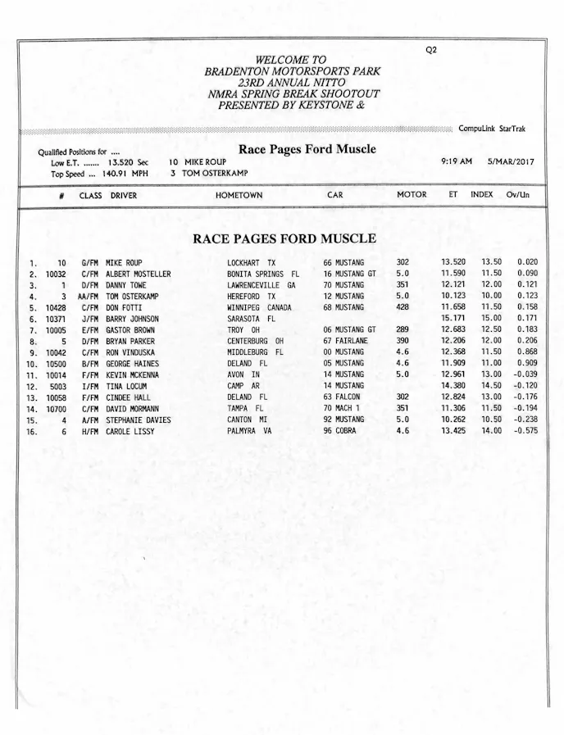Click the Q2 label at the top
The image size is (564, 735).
coord(431,50)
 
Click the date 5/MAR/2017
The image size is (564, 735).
coord(510,161)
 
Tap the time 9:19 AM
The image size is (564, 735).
coord(457,161)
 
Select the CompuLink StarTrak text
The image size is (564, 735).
coord(492,129)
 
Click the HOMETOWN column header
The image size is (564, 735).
coord(239,196)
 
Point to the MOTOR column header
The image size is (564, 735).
coord(412,195)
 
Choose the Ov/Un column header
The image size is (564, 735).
coord(517,195)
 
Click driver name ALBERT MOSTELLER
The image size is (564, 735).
coord(138,274)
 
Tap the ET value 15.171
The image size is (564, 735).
coord(453,319)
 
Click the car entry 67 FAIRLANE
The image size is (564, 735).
coord(344,341)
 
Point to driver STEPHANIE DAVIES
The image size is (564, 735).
coord(139,420)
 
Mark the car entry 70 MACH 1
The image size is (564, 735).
coord(343,408)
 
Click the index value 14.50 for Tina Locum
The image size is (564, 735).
coord(491,386)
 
